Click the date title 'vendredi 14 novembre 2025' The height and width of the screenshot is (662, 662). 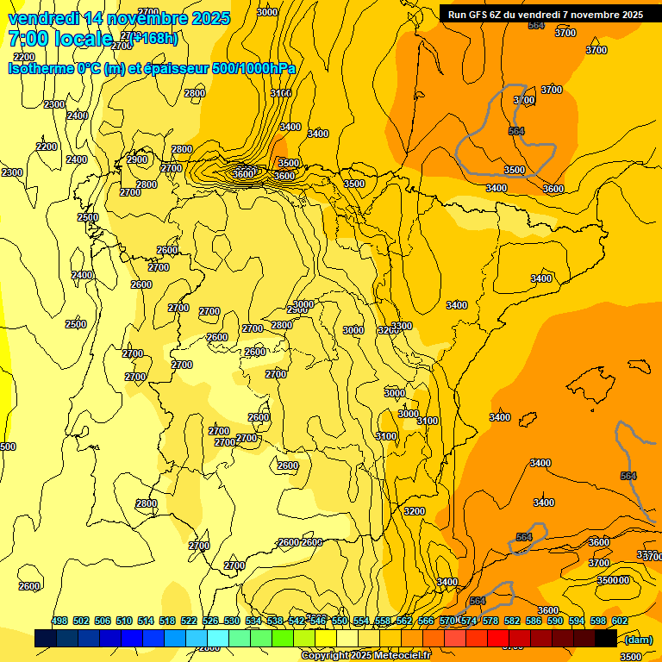119,18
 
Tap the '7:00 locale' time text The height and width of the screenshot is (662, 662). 60,39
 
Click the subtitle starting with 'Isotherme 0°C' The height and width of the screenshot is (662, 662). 152,69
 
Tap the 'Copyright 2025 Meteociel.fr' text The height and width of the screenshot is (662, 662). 365,655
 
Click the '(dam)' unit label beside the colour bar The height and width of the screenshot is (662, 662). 637,639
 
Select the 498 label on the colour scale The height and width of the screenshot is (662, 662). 59,621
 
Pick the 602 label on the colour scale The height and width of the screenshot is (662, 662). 619,621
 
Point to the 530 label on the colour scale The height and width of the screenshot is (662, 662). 232,621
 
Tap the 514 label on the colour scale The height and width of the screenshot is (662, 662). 146,621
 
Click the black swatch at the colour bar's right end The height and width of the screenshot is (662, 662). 606,638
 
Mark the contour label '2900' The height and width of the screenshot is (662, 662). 137,159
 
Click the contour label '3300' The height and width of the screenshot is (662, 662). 402,326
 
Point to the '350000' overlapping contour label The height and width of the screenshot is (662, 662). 614,580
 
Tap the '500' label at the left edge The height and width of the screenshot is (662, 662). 8,447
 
